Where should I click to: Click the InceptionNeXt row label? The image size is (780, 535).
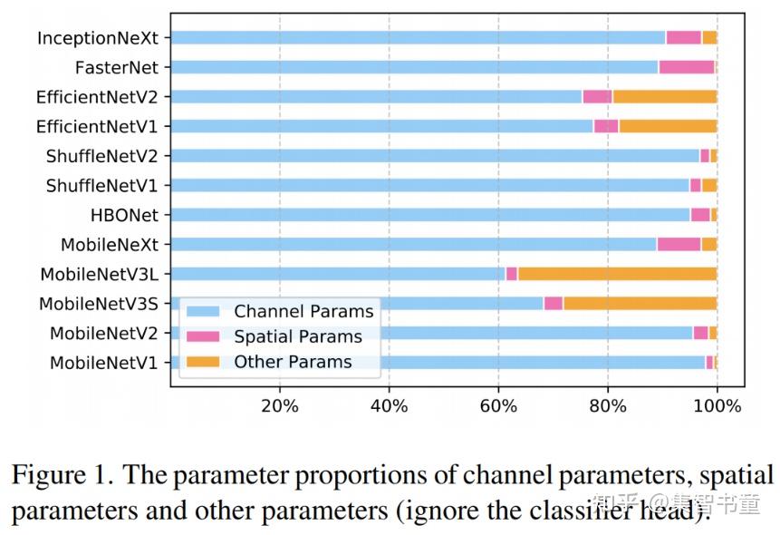pos(98,38)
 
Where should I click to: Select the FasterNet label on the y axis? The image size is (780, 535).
pos(117,67)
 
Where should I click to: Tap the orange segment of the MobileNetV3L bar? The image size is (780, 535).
pos(617,274)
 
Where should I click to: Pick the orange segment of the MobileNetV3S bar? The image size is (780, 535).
pos(640,303)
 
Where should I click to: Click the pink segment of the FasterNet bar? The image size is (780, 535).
pos(686,67)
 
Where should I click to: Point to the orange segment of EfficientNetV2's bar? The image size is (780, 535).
pos(664,97)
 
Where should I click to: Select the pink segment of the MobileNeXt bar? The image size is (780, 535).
pos(679,244)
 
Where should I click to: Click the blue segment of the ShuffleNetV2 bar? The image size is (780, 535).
pos(435,156)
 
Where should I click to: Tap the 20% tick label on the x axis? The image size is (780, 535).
pos(279,405)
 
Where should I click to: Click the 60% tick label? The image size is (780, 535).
pos(498,405)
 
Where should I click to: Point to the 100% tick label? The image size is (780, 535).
pos(717,405)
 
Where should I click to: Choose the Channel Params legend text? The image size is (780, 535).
pos(303,311)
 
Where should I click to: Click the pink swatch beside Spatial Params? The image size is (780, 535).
pos(204,336)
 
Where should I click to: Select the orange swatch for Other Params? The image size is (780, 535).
pos(204,362)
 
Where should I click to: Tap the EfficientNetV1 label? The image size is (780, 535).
pos(97,126)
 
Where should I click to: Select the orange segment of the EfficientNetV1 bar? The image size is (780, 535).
pos(667,126)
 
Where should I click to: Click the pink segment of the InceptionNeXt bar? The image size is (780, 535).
pos(683,38)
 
